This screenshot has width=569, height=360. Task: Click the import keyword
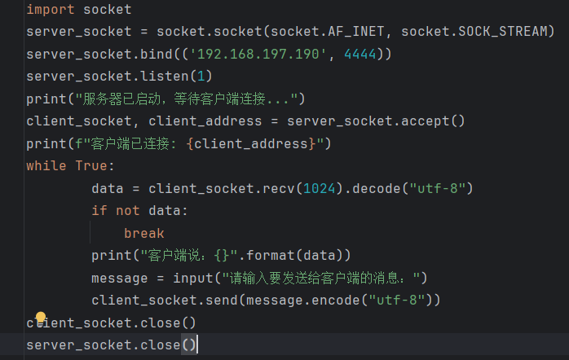[50, 10]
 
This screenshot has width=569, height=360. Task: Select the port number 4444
[360, 55]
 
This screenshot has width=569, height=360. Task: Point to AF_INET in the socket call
[357, 32]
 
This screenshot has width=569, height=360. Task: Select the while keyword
[46, 166]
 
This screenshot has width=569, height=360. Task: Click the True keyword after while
[90, 166]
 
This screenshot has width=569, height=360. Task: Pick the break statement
[143, 233]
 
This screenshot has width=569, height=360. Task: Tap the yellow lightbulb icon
[41, 318]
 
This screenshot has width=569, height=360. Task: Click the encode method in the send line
[332, 301]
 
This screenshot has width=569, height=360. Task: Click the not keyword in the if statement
[127, 211]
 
